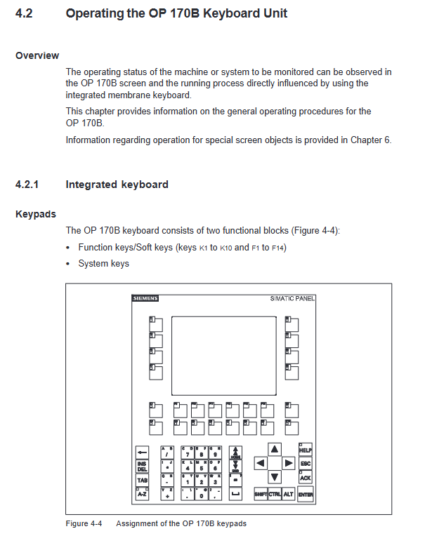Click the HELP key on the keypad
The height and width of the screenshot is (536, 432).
point(306,450)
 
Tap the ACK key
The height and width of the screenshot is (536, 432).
point(306,478)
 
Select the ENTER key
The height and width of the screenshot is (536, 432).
point(306,495)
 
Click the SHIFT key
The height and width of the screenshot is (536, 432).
point(260,495)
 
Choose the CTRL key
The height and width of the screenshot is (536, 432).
point(275,495)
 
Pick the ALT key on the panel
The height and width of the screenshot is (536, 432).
point(288,495)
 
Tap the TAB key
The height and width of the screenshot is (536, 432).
point(143,480)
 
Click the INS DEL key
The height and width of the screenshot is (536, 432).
point(143,466)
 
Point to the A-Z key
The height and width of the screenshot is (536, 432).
point(143,495)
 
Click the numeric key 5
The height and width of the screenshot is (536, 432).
point(201,468)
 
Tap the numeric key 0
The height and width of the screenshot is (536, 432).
point(201,495)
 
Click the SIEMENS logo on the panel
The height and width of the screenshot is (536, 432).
point(145,298)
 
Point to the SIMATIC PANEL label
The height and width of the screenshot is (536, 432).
point(292,298)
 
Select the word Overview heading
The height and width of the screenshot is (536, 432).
point(37,55)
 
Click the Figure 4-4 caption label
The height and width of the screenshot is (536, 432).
point(84,523)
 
